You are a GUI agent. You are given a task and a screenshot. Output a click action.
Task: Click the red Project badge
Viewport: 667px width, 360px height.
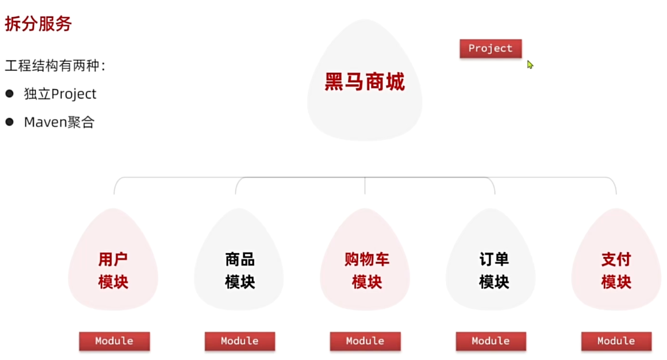pos(491,49)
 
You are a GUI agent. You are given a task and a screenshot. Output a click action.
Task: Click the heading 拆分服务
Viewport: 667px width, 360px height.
pos(38,24)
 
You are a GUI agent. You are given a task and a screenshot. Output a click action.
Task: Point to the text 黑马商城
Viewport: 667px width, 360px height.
pos(365,82)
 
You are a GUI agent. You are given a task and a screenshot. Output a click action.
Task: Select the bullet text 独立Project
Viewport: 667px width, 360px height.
pos(60,94)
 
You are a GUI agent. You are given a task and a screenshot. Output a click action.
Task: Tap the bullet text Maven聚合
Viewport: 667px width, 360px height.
pos(59,122)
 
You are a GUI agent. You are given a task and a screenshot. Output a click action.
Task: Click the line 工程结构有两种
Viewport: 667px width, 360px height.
pos(55,65)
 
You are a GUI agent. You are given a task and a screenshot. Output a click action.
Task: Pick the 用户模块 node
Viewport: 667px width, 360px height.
pos(113,270)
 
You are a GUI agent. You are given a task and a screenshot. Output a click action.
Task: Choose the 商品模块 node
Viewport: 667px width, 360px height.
pos(240,270)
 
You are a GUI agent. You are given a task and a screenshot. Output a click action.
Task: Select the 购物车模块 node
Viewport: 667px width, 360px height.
pos(366,270)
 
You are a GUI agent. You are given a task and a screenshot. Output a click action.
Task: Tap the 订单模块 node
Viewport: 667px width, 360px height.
pos(494,270)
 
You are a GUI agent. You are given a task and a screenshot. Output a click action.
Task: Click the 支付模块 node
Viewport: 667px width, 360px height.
pos(616,270)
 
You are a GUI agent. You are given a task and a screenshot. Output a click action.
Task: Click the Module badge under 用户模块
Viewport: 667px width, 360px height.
pos(114,341)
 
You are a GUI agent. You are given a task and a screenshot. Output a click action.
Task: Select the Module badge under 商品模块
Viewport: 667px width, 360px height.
pos(240,341)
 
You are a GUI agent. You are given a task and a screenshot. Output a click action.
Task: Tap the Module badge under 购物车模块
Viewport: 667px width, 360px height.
pos(365,341)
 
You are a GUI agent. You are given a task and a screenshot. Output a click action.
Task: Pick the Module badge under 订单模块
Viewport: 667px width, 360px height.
pos(491,341)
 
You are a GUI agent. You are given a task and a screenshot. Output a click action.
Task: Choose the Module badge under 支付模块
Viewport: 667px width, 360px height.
pos(616,341)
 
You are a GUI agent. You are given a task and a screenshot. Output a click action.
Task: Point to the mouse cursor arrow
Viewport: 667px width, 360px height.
pos(530,64)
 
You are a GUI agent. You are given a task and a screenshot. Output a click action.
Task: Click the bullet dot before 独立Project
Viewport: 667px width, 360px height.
pos(10,94)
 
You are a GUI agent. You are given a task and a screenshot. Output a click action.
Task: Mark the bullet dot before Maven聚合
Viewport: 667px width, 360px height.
pos(10,122)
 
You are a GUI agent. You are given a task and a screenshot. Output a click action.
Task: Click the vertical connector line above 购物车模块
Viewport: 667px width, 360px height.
pos(365,186)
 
